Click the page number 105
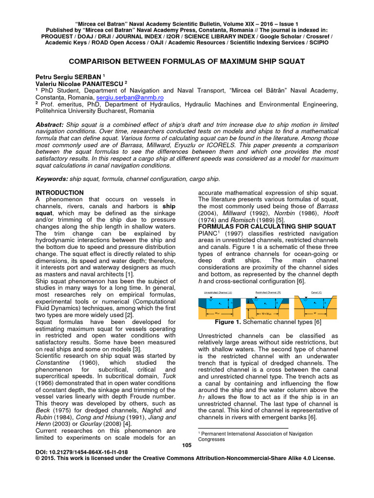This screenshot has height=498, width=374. pyautogui.click(x=187, y=445)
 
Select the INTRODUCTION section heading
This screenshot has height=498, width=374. pyautogui.click(x=60, y=193)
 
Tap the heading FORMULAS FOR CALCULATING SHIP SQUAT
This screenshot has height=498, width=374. pyautogui.click(x=267, y=227)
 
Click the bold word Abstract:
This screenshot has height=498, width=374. pyautogui.click(x=49, y=124)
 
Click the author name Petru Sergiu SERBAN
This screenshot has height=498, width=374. pyautogui.click(x=68, y=76)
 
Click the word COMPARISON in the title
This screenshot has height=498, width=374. pyautogui.click(x=97, y=61)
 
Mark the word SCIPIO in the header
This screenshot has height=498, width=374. pyautogui.click(x=318, y=43)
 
